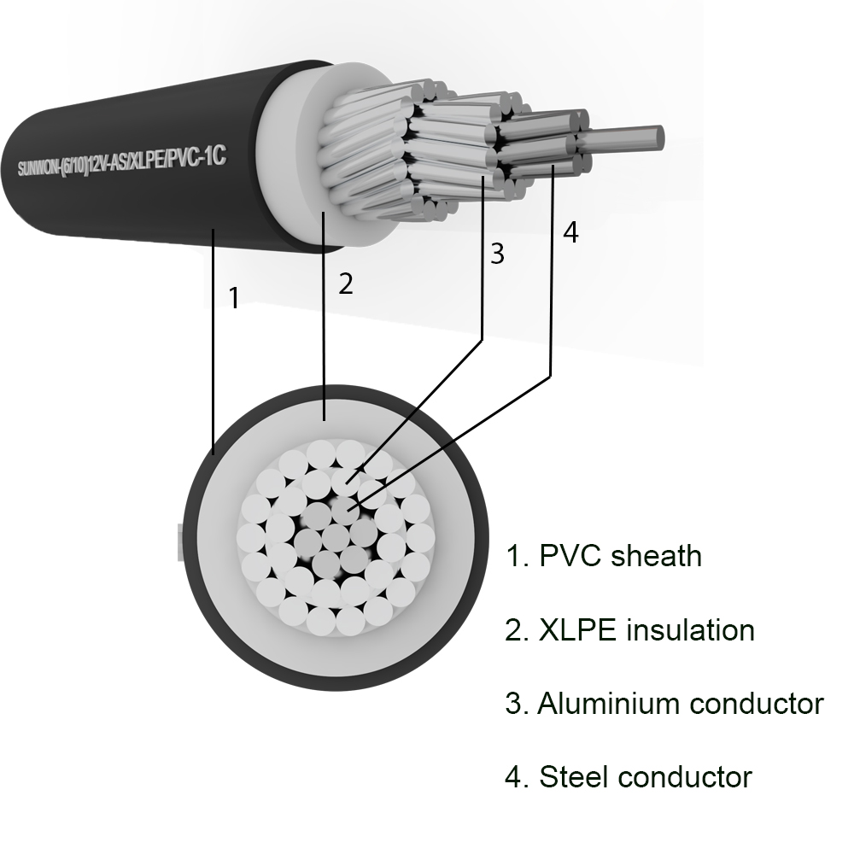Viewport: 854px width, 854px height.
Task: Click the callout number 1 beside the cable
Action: coord(234,297)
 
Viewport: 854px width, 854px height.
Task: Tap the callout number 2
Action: coord(346,284)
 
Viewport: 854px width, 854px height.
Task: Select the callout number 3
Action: coord(497,254)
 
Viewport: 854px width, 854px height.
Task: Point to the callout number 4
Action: coord(570,232)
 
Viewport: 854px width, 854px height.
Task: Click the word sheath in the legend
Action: coord(656,556)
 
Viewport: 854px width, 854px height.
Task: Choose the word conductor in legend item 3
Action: coord(757,703)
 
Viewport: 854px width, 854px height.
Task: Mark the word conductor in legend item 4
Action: coord(685,776)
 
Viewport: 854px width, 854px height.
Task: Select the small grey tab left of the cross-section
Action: coord(181,542)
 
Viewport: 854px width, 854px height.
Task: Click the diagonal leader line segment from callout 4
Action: coord(451,443)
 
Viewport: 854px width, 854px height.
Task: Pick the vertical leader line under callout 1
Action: coord(213,342)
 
